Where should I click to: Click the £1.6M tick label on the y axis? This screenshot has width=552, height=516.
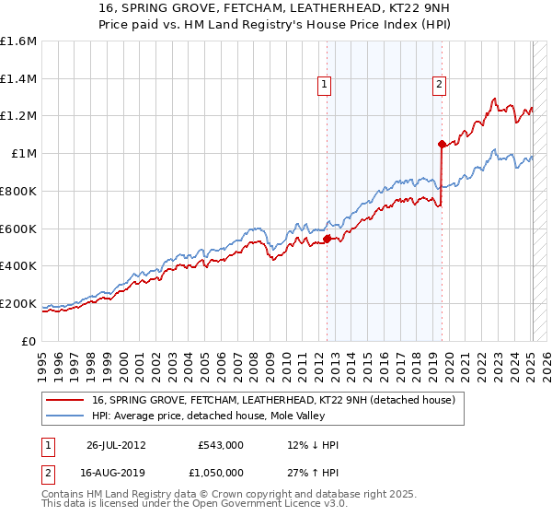coord(18,41)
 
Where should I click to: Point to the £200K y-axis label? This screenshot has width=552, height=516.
coord(18,303)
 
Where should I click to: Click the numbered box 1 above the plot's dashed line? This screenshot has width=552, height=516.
coord(326,86)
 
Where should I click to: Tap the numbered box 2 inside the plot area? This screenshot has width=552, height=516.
coord(439,86)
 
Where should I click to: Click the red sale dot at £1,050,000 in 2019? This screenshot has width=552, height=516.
coord(442,144)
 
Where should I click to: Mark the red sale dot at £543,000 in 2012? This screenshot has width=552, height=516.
coord(327,240)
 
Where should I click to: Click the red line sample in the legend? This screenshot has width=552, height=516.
coord(65,400)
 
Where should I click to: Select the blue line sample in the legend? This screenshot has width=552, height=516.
coord(65,416)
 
